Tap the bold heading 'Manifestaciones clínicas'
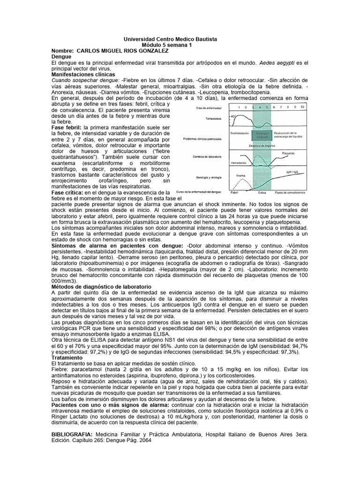(x=83, y=74)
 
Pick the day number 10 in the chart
(x=302, y=107)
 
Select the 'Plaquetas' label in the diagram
(x=291, y=153)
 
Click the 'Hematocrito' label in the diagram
(x=239, y=163)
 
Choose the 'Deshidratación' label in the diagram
(x=240, y=133)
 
